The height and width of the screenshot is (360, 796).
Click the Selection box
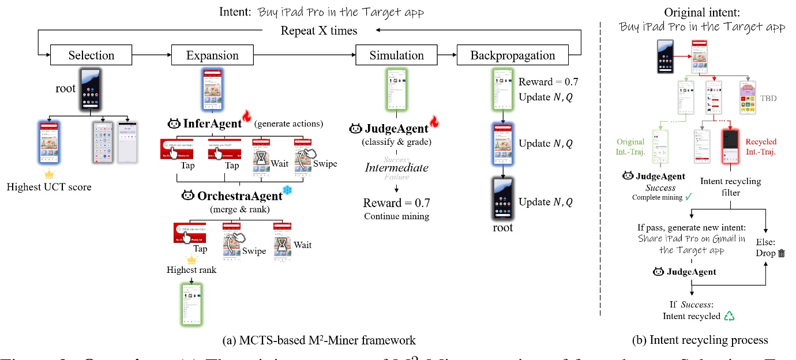91,55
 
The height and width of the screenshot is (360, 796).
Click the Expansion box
212,55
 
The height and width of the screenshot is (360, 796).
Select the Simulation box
397,55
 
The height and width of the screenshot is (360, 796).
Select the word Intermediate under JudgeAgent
396,167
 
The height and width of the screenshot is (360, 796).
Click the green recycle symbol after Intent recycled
730,316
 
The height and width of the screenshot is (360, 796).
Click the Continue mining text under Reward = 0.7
396,216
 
